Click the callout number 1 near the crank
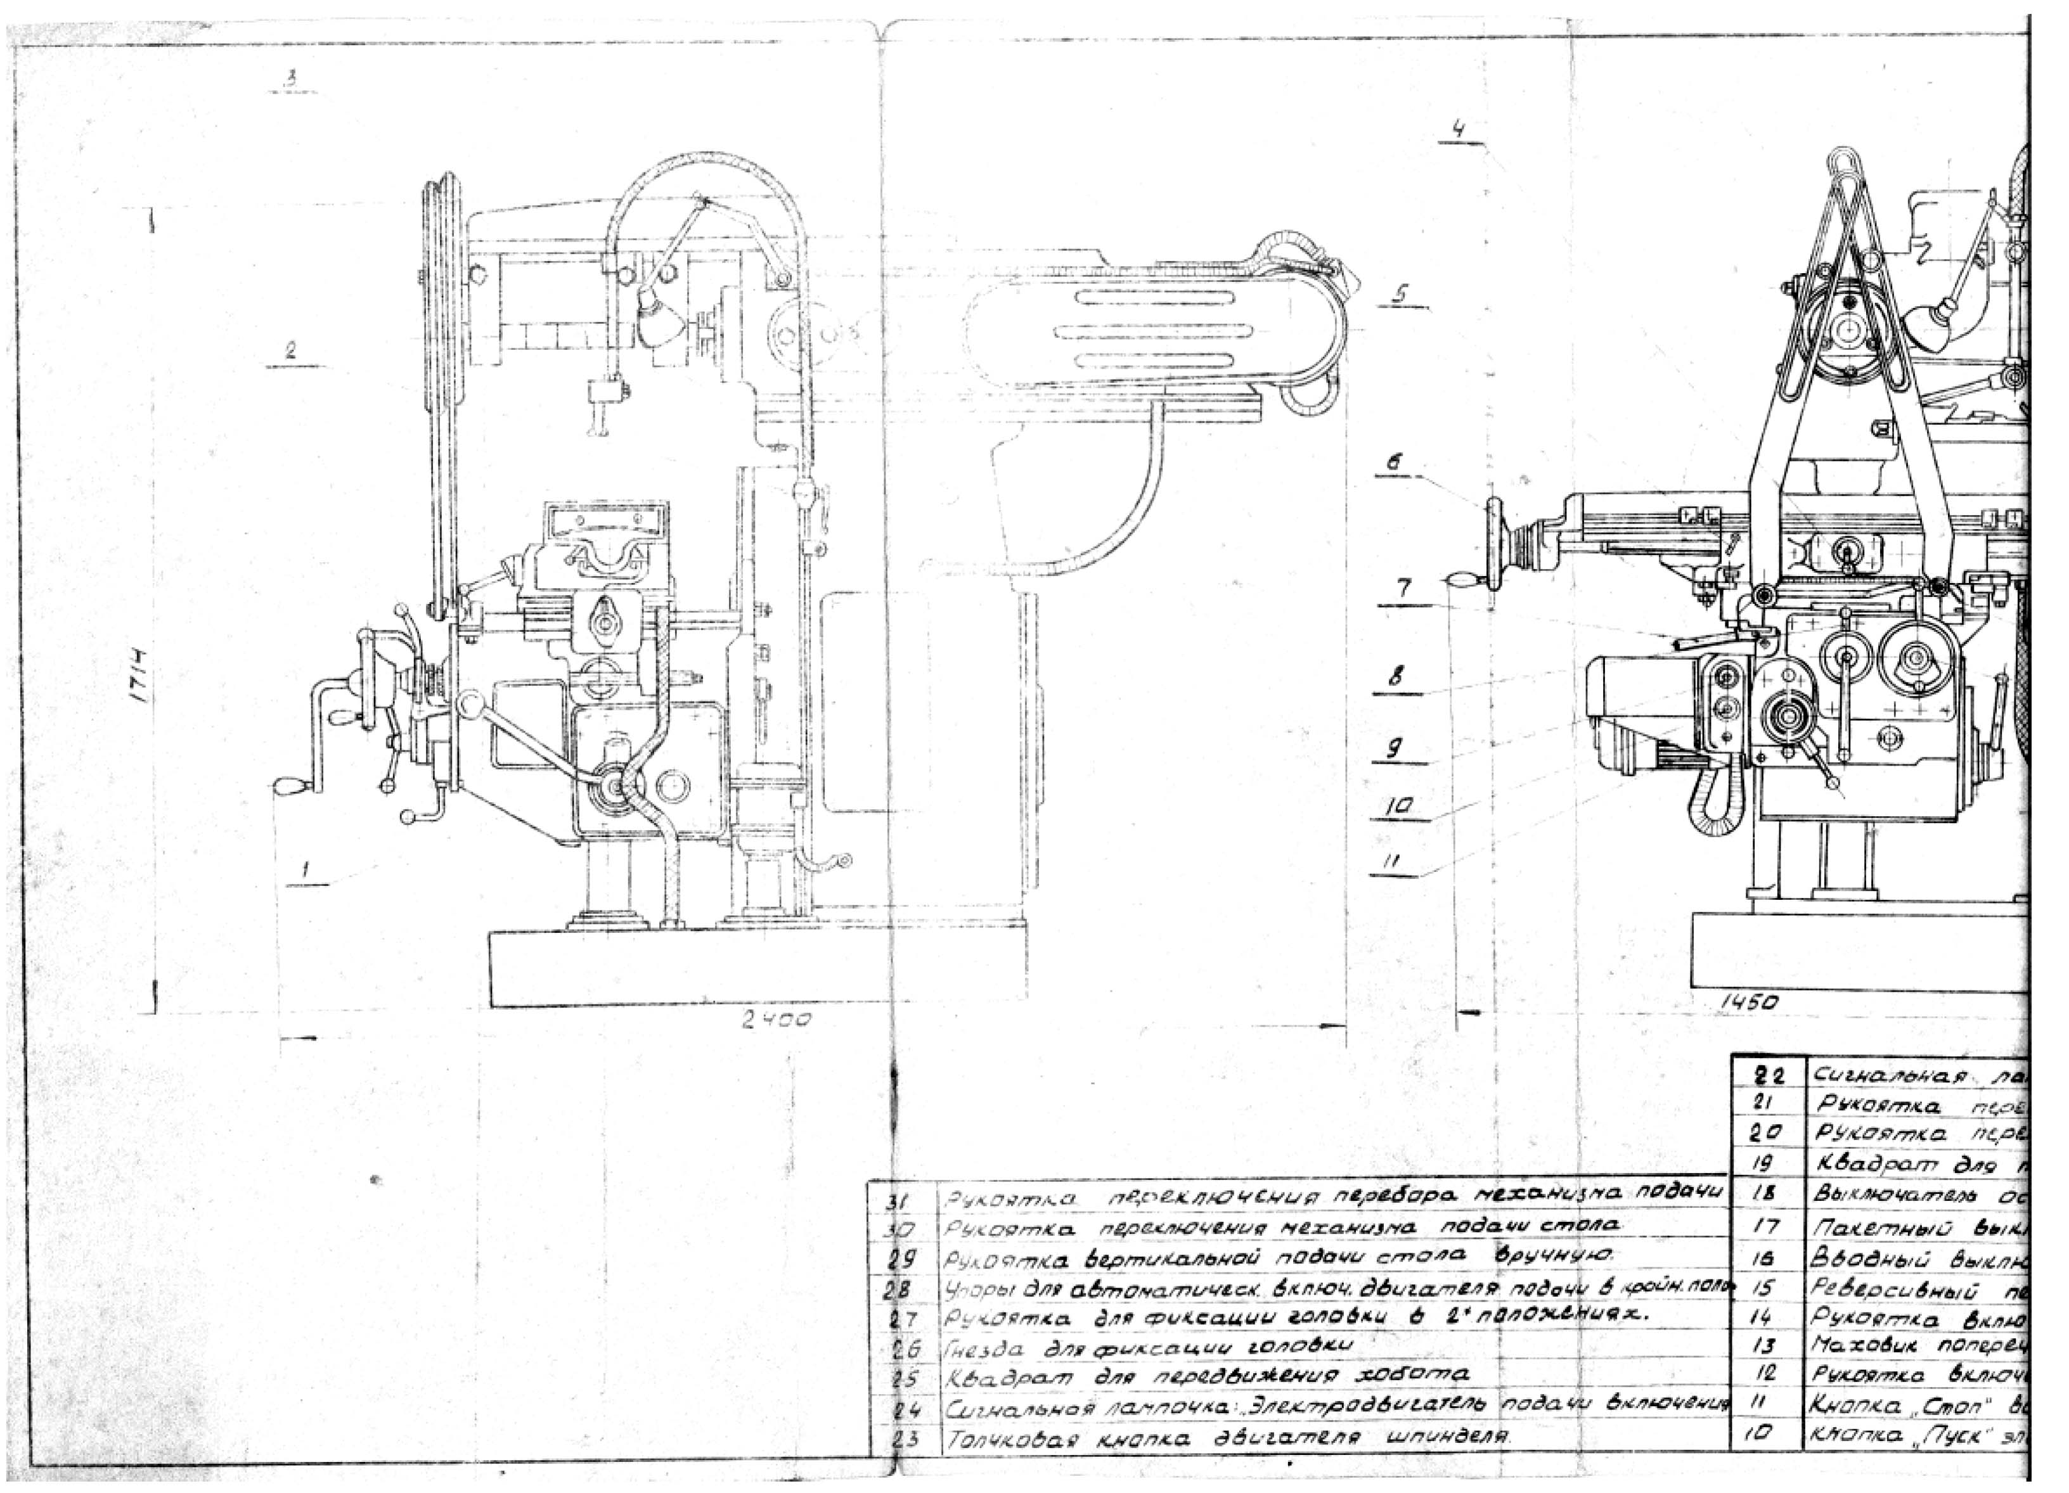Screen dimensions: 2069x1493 [x=307, y=870]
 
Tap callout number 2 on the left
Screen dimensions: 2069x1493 [x=290, y=349]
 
